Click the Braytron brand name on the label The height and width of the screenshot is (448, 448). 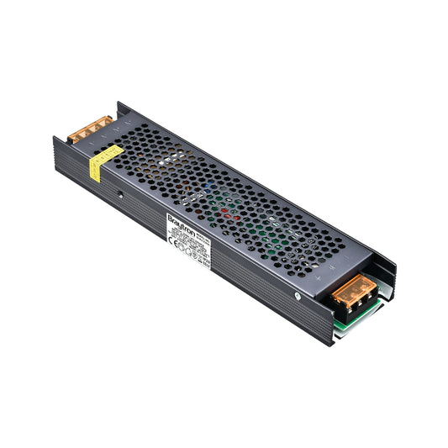pos(180,222)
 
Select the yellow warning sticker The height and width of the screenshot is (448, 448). pos(106,161)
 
